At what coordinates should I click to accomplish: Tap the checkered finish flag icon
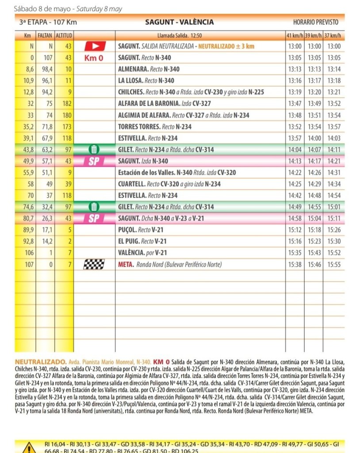coord(94,265)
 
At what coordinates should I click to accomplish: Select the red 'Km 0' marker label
coord(93,58)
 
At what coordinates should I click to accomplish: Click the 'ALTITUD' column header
coord(64,35)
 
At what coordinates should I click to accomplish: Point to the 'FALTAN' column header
coord(45,35)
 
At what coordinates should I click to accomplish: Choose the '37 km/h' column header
coord(335,35)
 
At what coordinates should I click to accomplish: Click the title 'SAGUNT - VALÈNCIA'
coord(179,22)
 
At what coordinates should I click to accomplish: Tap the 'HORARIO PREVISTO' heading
coord(315,22)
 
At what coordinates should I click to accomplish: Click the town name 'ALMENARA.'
coord(134,69)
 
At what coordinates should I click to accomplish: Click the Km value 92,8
coord(28,242)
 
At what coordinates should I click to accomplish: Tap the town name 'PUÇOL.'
coord(127,230)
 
